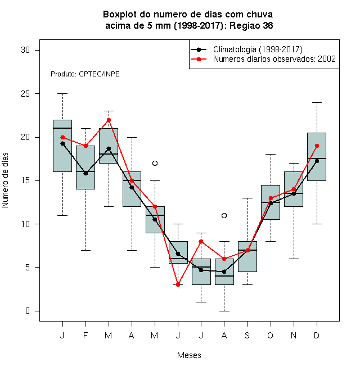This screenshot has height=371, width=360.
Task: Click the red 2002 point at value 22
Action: coord(109,120)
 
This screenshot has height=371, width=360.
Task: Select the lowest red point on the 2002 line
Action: coord(178,284)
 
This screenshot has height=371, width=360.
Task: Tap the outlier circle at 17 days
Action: coord(155,163)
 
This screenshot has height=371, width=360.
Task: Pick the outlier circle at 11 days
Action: coord(224,215)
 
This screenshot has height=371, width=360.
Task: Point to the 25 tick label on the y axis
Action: coord(25,94)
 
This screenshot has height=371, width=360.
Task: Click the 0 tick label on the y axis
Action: coord(28,311)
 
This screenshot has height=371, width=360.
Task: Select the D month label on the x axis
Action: coord(317,335)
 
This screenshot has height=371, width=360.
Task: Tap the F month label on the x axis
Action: coord(85,335)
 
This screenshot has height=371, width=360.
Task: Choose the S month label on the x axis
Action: coord(247,335)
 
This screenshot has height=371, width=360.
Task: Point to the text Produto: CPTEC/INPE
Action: coord(85,74)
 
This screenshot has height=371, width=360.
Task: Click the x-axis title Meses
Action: coord(189,355)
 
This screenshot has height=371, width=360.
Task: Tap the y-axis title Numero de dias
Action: coord(5,180)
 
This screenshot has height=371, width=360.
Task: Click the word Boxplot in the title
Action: coord(120,15)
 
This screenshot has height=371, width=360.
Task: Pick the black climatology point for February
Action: coord(85,174)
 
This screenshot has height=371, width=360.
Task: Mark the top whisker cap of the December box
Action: coord(317,103)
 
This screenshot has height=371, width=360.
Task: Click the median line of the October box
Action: coord(271,202)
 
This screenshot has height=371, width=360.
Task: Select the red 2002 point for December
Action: coord(317,146)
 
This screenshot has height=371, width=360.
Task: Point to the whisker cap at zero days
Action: coord(224,311)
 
